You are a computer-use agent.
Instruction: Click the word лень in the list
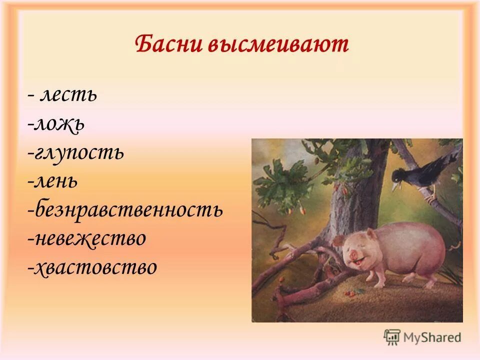(x=55, y=180)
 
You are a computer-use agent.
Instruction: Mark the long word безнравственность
(x=127, y=209)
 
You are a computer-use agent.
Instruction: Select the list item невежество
(x=89, y=238)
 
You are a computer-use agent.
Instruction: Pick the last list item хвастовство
(x=94, y=267)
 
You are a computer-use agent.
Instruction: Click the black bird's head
(x=400, y=175)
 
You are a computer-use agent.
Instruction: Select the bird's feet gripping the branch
(x=429, y=196)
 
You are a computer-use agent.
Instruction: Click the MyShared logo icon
(x=392, y=337)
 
